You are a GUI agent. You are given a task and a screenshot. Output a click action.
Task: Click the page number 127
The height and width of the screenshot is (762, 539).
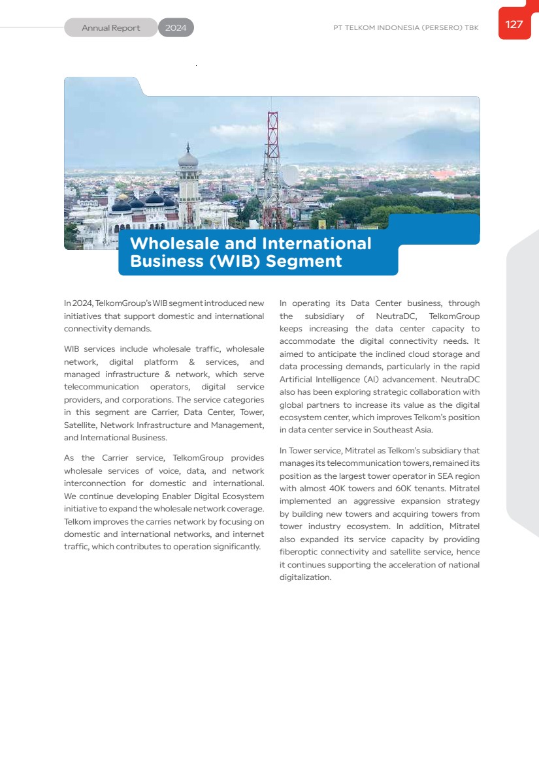(514, 25)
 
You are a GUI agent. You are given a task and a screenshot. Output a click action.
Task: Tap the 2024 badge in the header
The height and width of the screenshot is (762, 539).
(176, 28)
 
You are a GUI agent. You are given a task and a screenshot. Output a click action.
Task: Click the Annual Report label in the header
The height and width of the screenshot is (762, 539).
(111, 28)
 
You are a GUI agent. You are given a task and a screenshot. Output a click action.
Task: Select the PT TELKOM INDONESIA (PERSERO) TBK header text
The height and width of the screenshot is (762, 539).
(405, 28)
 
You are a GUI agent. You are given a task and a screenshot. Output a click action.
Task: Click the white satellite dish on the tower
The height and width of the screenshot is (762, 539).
(289, 174)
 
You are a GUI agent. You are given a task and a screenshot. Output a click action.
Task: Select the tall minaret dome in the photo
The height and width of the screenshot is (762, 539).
(188, 158)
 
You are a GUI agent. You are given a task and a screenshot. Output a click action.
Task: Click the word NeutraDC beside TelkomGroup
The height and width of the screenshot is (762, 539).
(393, 316)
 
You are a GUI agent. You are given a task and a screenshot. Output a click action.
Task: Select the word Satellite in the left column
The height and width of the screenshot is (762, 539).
(80, 425)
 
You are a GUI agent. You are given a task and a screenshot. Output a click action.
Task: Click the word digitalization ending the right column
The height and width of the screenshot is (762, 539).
(305, 577)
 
